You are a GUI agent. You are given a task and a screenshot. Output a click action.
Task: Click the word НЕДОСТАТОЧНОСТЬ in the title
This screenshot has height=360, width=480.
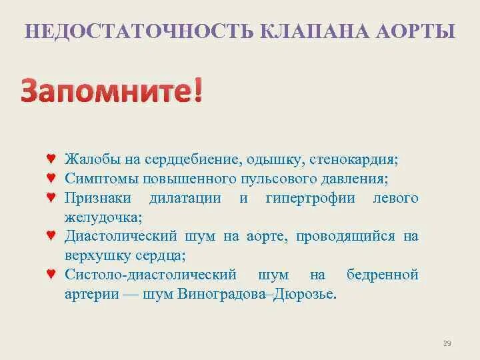(137, 31)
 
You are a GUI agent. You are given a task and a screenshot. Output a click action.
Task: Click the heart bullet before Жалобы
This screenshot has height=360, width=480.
(51, 160)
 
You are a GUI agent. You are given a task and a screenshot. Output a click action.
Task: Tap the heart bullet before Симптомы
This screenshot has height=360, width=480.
(51, 179)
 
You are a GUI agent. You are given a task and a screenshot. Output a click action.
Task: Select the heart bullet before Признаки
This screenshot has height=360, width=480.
(51, 198)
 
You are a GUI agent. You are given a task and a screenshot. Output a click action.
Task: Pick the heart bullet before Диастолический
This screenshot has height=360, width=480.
(51, 236)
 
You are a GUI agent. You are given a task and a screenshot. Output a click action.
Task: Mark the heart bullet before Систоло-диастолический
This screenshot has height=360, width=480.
(51, 275)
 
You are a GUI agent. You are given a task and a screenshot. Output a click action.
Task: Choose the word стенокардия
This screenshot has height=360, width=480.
(353, 160)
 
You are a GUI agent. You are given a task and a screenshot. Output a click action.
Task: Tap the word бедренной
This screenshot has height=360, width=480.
(383, 275)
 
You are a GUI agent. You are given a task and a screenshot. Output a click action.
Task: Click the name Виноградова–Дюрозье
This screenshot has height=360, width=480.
(257, 294)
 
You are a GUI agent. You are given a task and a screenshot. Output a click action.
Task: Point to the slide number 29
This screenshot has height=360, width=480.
(447, 343)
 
